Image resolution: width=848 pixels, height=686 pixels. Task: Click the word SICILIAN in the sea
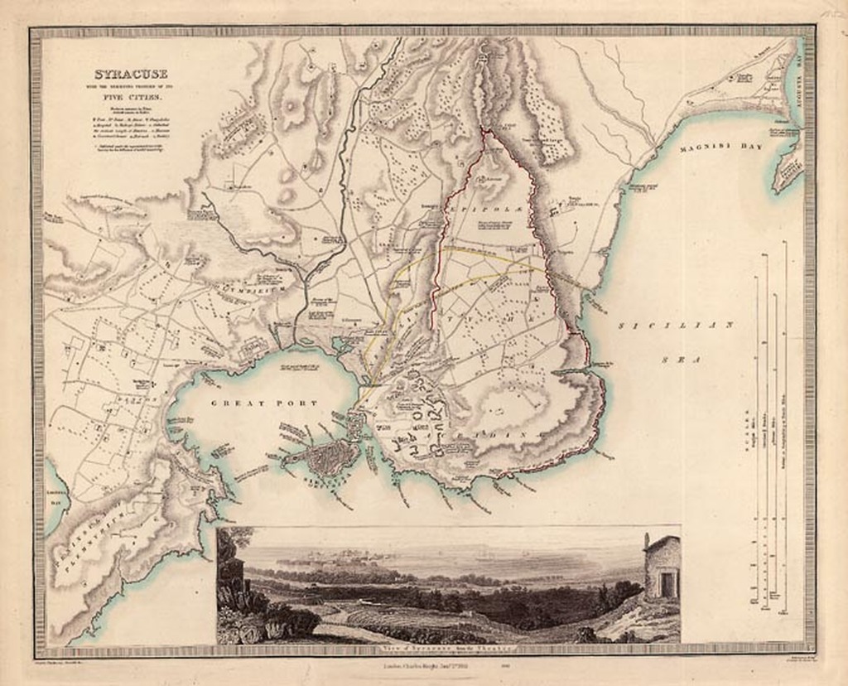(x=676, y=326)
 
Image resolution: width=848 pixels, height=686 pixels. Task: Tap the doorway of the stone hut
(x=667, y=583)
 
